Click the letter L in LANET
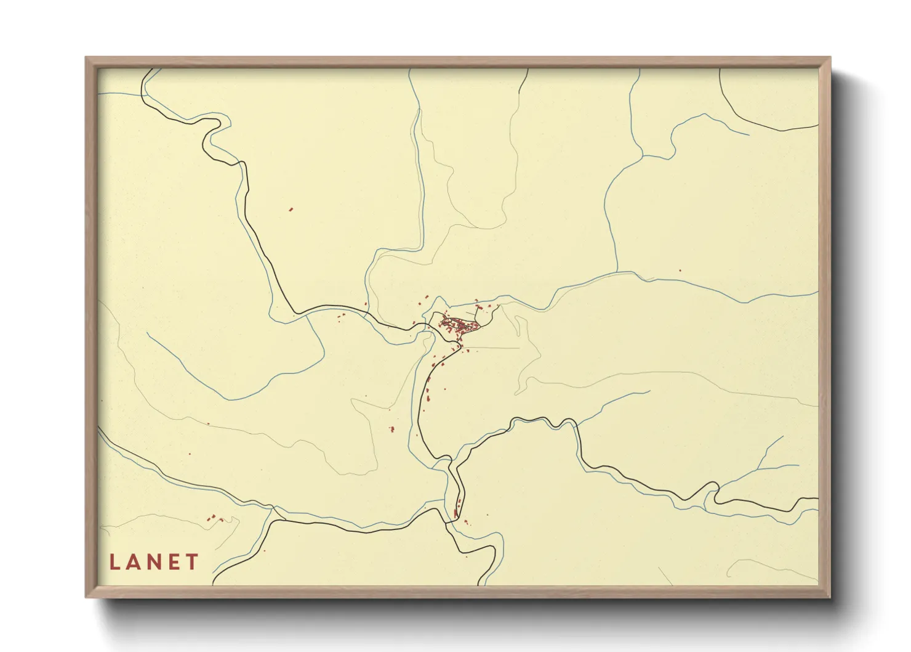pyautogui.click(x=114, y=562)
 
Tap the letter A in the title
pyautogui.click(x=134, y=562)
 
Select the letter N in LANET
pyautogui.click(x=155, y=562)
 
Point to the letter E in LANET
pyautogui.click(x=175, y=562)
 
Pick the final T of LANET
pyautogui.click(x=193, y=562)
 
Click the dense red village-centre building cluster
pyautogui.click(x=459, y=325)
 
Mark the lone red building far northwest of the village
pyautogui.click(x=291, y=210)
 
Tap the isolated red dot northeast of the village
pyautogui.click(x=680, y=270)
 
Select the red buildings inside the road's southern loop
pyautogui.click(x=457, y=513)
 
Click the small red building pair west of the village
pyautogui.click(x=340, y=316)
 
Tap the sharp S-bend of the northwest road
pyautogui.click(x=212, y=126)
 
